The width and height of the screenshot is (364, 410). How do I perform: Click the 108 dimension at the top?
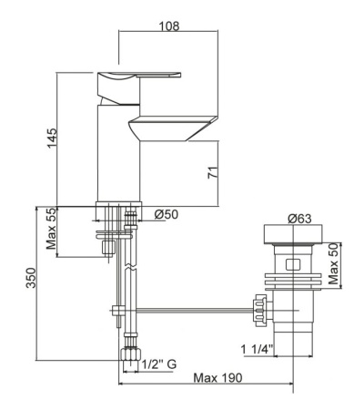point(167,25)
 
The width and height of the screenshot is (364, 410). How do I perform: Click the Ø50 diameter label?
point(166,215)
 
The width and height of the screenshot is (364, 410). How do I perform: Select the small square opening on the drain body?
point(292,266)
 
